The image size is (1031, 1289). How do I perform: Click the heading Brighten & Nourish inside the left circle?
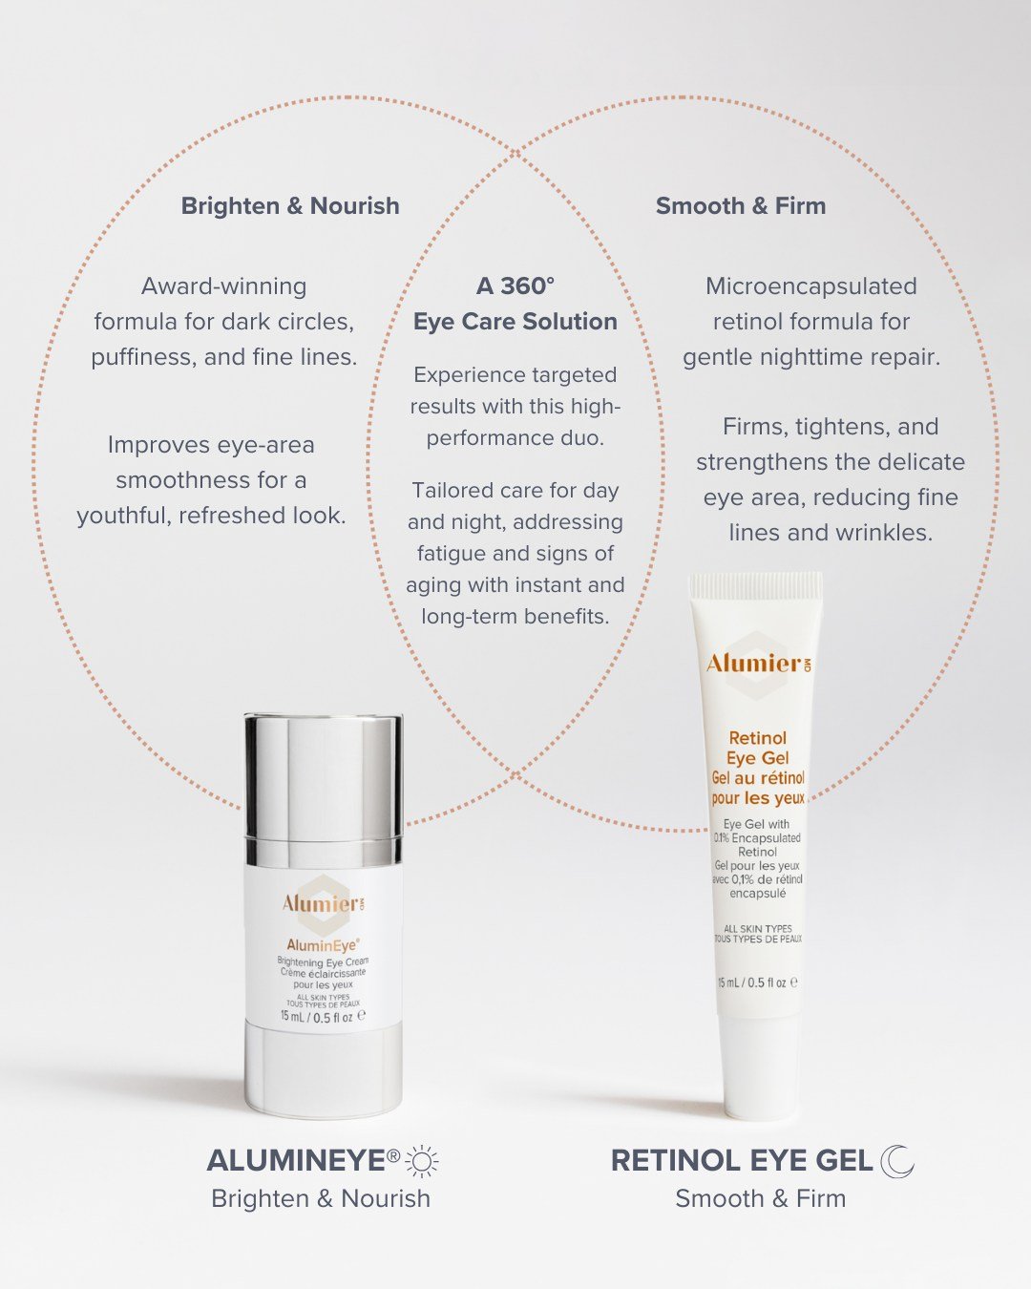[x=290, y=206]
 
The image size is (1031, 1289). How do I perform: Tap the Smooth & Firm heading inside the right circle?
[x=741, y=206]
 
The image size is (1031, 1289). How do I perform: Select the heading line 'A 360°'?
[x=515, y=286]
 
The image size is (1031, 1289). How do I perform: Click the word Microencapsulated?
[x=811, y=286]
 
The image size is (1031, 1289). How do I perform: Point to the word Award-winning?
[x=223, y=286]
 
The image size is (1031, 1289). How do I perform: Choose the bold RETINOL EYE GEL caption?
[x=742, y=1161]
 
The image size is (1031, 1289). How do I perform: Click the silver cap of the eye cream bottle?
[x=324, y=790]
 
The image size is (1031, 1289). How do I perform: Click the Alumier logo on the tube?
[x=758, y=664]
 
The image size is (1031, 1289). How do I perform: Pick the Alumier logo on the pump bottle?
[x=323, y=904]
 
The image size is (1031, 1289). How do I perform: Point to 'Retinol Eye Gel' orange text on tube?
[x=758, y=749]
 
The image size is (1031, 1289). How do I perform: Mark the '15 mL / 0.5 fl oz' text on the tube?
[x=758, y=983]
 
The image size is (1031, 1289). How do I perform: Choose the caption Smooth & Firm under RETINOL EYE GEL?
[x=761, y=1199]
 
